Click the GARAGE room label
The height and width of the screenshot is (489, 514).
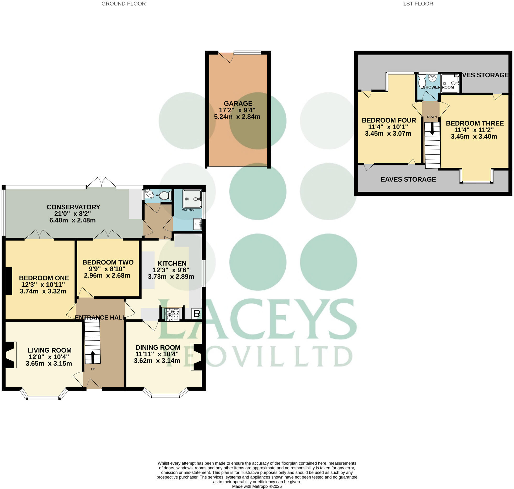tap(238, 103)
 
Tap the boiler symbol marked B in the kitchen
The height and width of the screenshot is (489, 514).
tap(197, 313)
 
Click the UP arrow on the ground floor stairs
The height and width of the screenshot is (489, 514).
tap(93, 357)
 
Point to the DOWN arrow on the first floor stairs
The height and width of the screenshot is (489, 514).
tap(432, 129)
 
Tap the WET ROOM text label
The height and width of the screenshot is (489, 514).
tap(188, 210)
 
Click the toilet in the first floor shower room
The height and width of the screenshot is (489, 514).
tap(422, 81)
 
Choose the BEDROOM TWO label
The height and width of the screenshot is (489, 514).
tap(108, 262)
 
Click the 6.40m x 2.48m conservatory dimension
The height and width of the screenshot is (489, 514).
tap(72, 220)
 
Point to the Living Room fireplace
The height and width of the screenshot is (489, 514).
tap(10, 355)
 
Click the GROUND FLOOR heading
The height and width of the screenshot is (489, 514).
tap(124, 4)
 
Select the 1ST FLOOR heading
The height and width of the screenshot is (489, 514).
tap(418, 4)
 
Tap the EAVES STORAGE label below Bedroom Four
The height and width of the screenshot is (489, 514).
tap(408, 179)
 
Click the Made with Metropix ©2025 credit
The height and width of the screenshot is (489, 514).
tap(257, 486)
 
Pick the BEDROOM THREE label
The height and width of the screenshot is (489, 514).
tap(475, 123)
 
